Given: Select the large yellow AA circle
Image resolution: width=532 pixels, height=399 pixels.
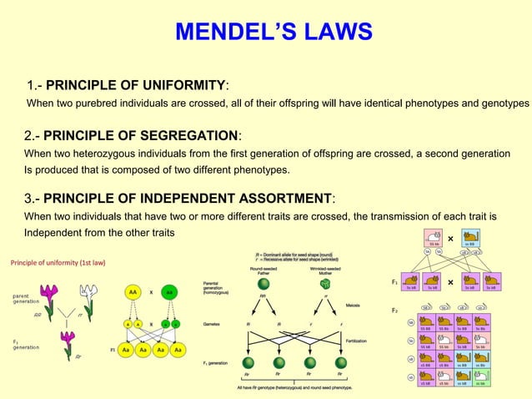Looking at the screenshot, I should [x=133, y=293].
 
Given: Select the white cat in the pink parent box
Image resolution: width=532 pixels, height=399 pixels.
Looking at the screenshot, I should [x=434, y=237].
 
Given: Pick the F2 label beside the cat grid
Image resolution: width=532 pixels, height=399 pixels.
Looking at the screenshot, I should [x=394, y=310].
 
